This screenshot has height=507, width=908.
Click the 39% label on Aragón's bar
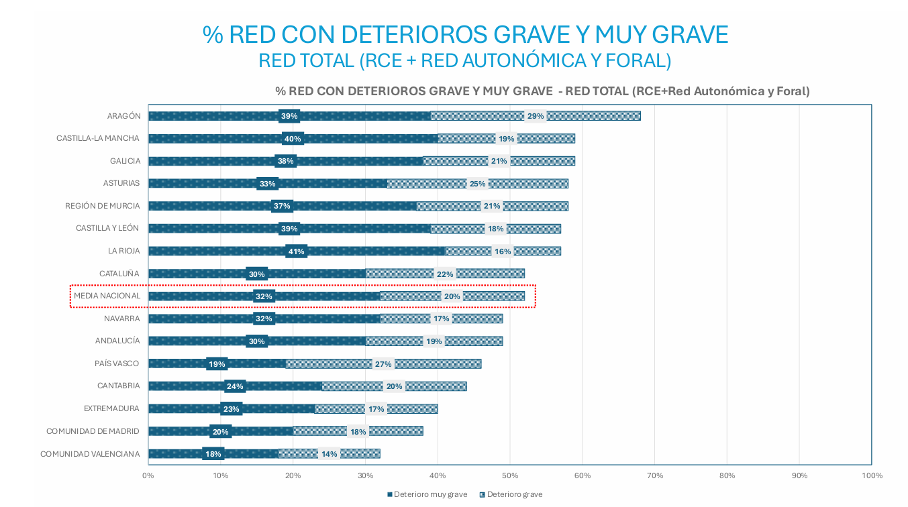289,116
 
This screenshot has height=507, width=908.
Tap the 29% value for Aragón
536,116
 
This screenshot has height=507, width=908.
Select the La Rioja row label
123,251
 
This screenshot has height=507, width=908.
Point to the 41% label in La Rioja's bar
296,251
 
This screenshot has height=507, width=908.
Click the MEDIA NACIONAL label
107,296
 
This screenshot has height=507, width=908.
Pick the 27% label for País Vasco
383,364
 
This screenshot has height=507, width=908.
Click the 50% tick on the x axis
510,475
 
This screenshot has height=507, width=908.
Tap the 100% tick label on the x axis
872,475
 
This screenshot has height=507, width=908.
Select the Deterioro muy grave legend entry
427,494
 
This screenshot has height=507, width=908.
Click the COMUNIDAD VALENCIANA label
90,454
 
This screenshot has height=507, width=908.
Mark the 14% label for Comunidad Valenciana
329,454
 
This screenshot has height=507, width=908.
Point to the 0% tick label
148,475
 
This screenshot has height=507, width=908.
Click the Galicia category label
125,161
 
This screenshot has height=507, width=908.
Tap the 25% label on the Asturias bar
477,184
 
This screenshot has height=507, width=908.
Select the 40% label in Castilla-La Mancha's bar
293,139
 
